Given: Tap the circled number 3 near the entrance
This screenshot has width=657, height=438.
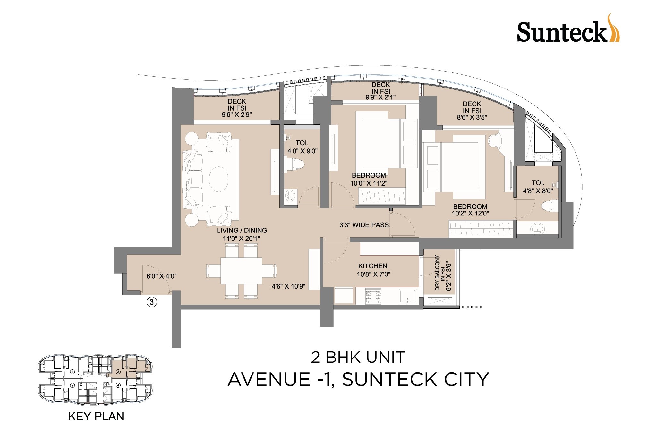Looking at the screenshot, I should (152, 302).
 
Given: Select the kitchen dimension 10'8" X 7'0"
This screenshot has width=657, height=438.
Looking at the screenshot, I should (373, 274).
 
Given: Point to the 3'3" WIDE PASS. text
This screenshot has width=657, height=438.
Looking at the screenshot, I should (365, 225).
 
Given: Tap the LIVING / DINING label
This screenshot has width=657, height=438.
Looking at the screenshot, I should (242, 230).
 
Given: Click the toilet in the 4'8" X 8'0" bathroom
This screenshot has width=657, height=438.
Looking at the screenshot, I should (550, 207).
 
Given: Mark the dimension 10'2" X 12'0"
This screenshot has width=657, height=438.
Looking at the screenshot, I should (470, 213).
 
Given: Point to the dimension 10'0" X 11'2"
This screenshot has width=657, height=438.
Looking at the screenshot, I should (369, 183).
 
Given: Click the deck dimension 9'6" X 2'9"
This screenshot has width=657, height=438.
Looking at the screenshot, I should (237, 115).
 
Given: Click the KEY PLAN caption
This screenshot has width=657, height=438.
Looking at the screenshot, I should (96, 417).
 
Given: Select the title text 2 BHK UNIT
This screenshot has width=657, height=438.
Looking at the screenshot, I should (358, 358).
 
